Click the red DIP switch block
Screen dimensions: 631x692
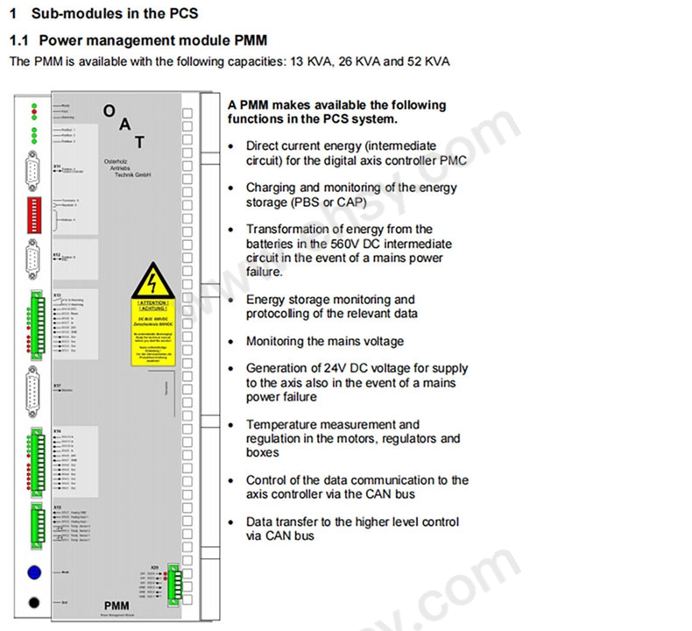[34, 209]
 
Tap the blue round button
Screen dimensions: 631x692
[34, 572]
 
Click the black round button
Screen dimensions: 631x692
[34, 603]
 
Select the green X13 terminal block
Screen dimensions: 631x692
[34, 324]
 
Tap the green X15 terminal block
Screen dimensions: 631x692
[34, 524]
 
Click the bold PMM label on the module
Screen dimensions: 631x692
[117, 605]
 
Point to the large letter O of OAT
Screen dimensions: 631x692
[109, 110]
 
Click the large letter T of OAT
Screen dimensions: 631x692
[139, 142]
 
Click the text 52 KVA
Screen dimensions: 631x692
[427, 61]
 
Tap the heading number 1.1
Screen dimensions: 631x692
[19, 40]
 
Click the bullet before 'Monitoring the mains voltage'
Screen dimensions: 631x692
[230, 342]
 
